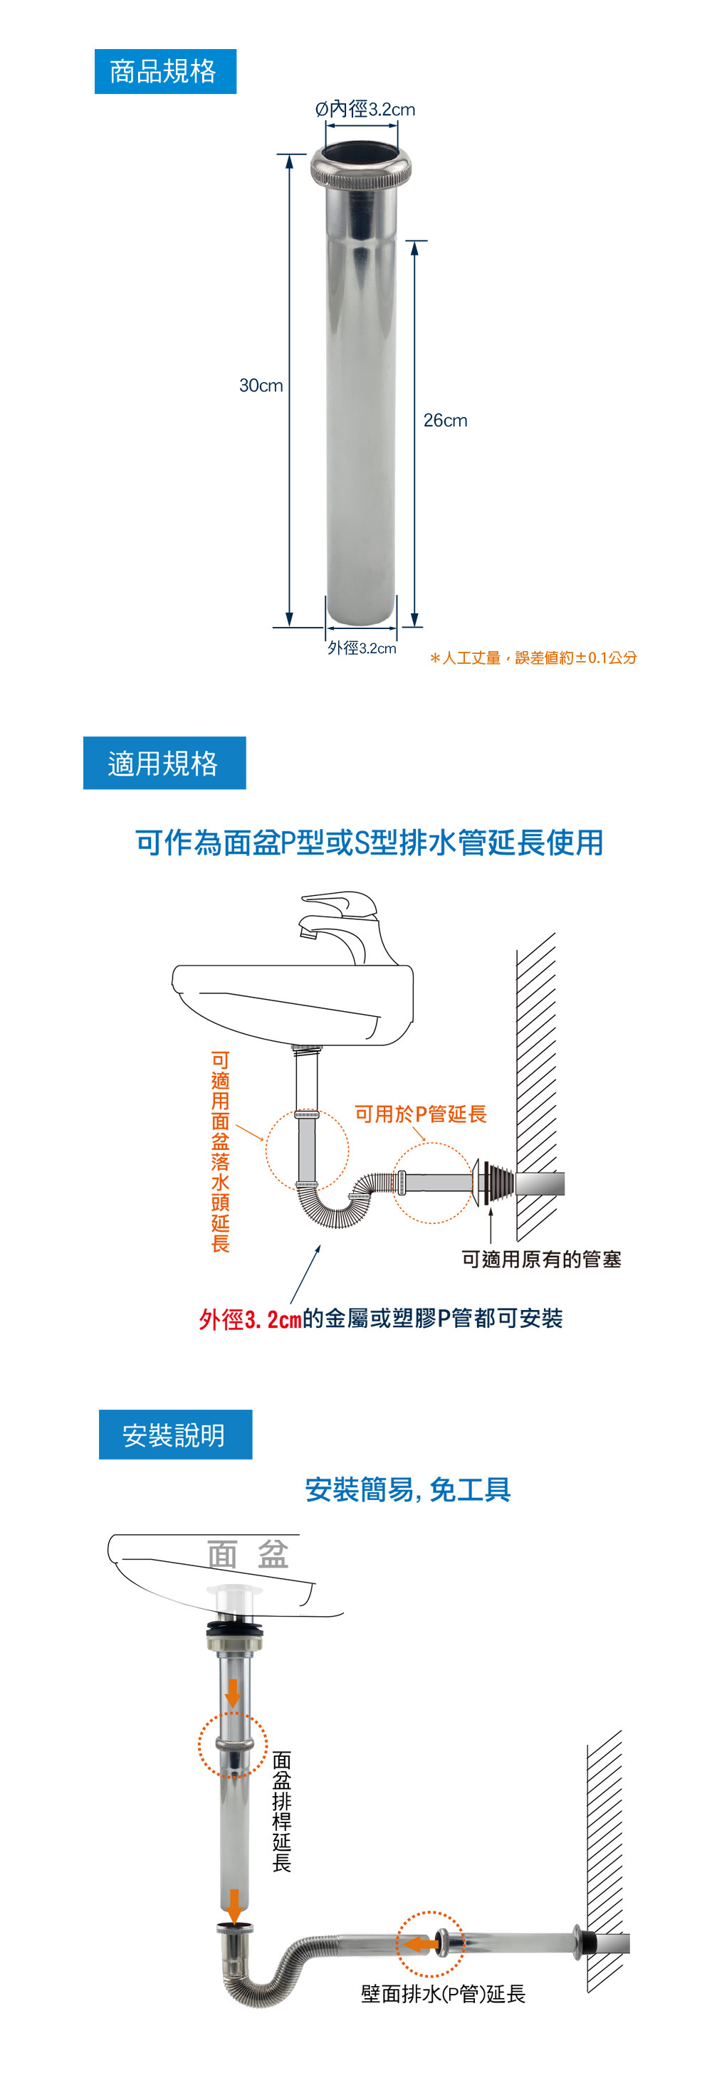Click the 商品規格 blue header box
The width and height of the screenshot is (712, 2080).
[165, 71]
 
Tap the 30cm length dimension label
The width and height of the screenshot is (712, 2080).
[261, 385]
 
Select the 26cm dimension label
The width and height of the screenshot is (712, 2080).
[444, 420]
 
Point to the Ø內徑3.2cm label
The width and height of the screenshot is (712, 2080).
[365, 109]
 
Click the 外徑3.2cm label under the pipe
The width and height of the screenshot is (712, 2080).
[361, 648]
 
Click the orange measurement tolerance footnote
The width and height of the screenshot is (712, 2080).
[533, 658]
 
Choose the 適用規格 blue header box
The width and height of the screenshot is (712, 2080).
[164, 762]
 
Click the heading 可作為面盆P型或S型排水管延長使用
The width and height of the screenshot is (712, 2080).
[370, 842]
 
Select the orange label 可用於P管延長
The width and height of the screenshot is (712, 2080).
[420, 1114]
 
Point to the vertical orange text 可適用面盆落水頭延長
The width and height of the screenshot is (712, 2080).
[221, 1151]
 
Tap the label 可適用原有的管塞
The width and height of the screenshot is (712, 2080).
[540, 1259]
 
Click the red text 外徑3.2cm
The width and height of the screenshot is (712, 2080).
[250, 1319]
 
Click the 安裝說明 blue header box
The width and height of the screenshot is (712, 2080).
[174, 1434]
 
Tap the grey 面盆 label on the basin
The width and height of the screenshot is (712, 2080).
[247, 1553]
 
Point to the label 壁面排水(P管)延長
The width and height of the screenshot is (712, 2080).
[443, 1994]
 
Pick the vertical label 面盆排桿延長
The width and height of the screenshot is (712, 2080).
[281, 1811]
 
